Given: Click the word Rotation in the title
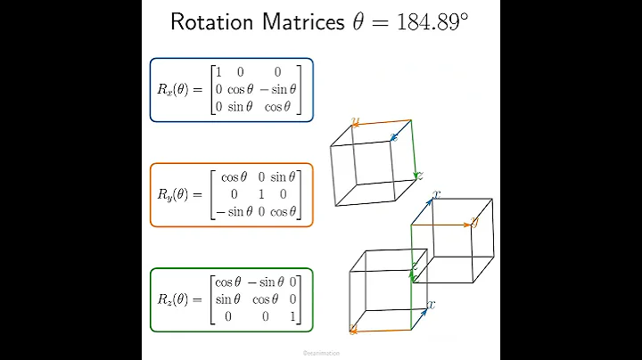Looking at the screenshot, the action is pyautogui.click(x=213, y=22).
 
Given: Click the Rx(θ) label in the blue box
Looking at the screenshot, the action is pyautogui.click(x=181, y=90).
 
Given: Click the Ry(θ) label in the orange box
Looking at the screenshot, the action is pyautogui.click(x=181, y=195).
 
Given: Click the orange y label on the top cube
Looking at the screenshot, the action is pyautogui.click(x=355, y=121).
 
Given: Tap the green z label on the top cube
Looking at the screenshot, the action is pyautogui.click(x=419, y=175).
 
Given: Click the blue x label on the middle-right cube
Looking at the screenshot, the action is pyautogui.click(x=436, y=194).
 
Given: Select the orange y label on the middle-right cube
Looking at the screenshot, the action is pyautogui.click(x=473, y=223).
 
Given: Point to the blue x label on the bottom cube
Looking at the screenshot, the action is pyautogui.click(x=432, y=304).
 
